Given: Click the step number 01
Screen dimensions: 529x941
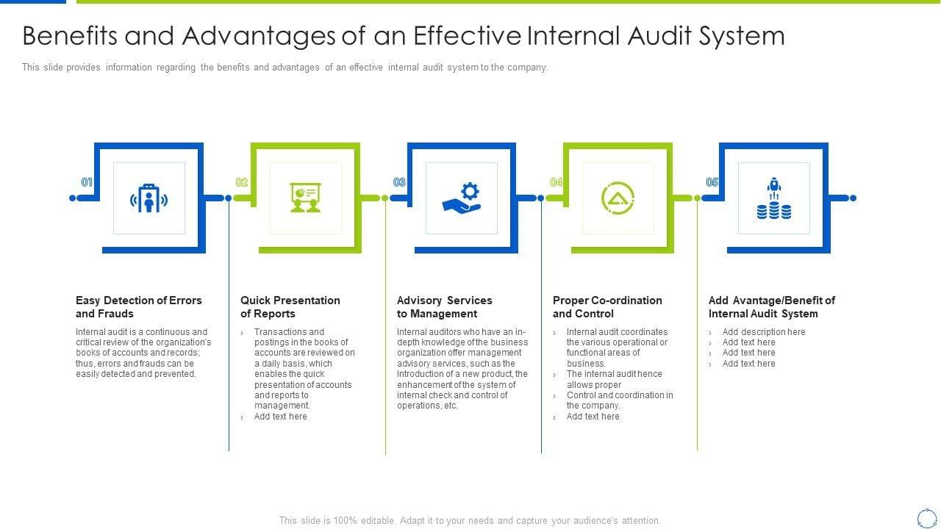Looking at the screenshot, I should [87, 182].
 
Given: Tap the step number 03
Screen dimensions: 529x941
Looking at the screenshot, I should [399, 182].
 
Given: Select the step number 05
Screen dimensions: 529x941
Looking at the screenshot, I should [712, 182].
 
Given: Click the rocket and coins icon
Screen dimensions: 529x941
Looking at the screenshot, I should [774, 198].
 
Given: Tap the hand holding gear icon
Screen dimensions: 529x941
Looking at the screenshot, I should [462, 198].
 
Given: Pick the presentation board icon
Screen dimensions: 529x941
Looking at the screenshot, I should [305, 198].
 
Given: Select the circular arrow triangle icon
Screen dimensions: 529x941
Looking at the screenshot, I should [618, 198].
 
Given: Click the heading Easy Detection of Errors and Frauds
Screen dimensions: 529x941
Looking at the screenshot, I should [138, 307].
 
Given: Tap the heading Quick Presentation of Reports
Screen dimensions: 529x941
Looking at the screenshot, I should [290, 307].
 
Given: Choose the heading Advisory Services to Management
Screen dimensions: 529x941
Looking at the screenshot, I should [444, 307].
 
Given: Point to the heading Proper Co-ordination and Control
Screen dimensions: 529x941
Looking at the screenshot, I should [607, 307].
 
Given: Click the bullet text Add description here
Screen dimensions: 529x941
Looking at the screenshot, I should [764, 332].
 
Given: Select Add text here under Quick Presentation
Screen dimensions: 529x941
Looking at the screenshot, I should [280, 417].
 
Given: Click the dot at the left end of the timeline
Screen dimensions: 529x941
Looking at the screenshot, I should [72, 198].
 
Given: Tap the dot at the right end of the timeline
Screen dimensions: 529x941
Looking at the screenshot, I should [853, 198].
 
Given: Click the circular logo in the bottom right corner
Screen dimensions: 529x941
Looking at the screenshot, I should [926, 517].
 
